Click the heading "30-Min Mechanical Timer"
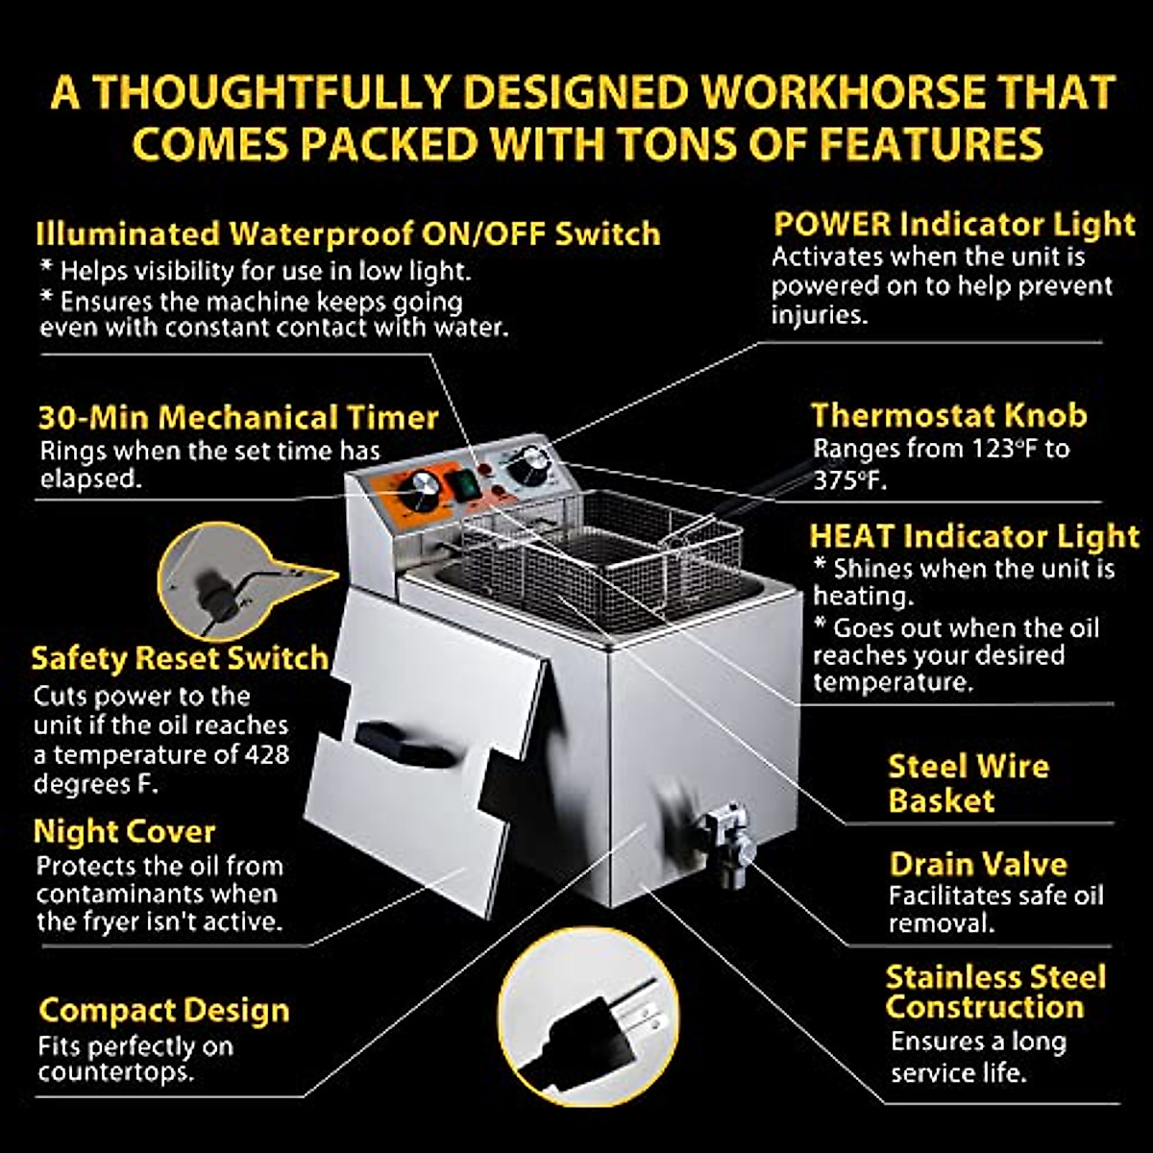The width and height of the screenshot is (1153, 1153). tap(237, 418)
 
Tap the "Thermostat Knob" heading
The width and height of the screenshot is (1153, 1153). tap(949, 415)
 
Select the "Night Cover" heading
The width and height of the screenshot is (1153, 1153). tap(124, 831)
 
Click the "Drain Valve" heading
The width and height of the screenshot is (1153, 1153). tap(978, 864)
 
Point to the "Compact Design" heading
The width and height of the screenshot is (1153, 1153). tap(163, 1010)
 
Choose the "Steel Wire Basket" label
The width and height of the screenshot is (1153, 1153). tap(968, 783)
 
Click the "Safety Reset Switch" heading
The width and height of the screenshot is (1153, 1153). tap(180, 658)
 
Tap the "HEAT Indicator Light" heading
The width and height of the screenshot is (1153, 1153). tap(974, 536)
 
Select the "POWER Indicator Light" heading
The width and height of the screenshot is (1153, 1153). tap(954, 224)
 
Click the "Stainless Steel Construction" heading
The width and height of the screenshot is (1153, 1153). tap(995, 992)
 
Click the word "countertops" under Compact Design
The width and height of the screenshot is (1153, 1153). tap(115, 1072)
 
